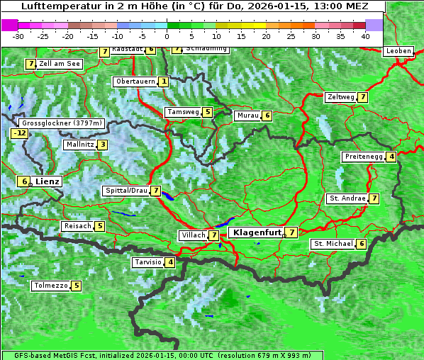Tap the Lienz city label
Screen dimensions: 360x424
(x=48, y=181)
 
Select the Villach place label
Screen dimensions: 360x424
(x=194, y=235)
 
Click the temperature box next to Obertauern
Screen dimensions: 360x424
(x=164, y=81)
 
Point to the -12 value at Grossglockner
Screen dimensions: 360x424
(x=19, y=133)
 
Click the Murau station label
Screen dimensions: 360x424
(x=247, y=116)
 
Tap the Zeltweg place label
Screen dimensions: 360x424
(x=341, y=97)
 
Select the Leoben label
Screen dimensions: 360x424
(x=398, y=51)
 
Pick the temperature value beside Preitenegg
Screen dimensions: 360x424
(x=391, y=157)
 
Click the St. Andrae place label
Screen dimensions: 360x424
(x=347, y=198)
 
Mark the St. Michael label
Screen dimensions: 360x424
(x=333, y=244)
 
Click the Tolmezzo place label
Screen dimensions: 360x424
(x=50, y=286)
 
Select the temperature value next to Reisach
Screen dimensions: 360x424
(x=100, y=226)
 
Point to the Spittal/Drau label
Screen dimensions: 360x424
(x=126, y=191)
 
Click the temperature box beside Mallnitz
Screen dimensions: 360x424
(x=103, y=145)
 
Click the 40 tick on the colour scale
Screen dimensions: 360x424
(x=365, y=35)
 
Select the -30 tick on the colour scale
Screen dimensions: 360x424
(x=19, y=35)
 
